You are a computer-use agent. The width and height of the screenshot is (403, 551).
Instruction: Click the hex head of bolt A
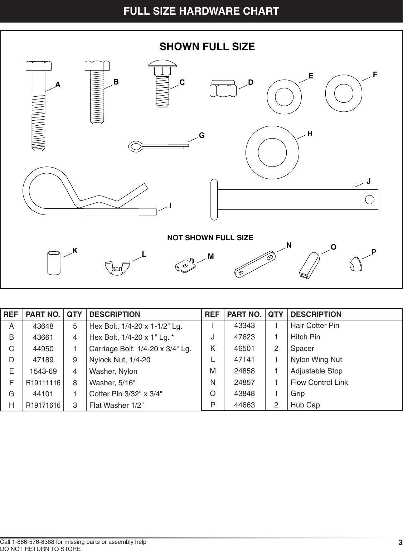39,66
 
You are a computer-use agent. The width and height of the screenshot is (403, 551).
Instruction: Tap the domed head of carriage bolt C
162,64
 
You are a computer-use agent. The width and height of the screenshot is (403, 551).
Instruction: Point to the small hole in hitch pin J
370,199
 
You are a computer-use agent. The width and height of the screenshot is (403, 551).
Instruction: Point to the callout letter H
310,134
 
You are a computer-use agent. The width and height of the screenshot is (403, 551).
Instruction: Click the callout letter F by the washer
375,74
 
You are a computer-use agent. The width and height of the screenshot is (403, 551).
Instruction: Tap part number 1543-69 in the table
43,371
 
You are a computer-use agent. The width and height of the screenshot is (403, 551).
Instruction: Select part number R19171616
43,405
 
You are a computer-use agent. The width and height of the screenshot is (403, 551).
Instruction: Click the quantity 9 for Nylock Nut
74,359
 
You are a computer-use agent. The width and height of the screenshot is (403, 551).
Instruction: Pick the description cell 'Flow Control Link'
319,382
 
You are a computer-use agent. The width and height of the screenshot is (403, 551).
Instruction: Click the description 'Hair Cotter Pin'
315,325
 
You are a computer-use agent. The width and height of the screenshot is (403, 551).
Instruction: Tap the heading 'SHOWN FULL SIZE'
207,47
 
